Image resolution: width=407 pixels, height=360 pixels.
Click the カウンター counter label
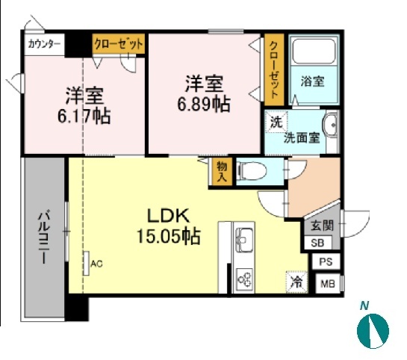[44, 44]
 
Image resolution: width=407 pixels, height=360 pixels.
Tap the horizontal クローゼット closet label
[119, 43]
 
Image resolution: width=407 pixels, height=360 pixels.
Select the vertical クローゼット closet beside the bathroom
[274, 69]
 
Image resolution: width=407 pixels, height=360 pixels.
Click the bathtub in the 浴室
[314, 51]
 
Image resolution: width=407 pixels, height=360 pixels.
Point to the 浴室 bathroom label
[312, 81]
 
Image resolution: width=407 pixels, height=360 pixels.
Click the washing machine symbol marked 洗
[276, 122]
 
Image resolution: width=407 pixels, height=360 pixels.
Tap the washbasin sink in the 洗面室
[331, 125]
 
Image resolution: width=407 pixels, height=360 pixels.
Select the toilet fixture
[252, 171]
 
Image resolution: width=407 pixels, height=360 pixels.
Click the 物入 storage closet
[222, 172]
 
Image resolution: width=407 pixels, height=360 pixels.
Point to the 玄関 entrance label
[322, 226]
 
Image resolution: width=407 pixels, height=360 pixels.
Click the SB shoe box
[317, 243]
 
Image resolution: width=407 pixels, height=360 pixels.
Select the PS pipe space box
[326, 261]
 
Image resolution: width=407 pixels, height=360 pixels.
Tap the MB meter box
[328, 284]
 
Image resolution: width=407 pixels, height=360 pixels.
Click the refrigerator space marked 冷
[296, 282]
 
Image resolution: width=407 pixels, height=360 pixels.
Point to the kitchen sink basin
[244, 240]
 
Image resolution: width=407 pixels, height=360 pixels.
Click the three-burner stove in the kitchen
[245, 279]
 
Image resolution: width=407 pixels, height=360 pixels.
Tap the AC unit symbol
[87, 263]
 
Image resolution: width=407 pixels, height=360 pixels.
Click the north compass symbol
[373, 331]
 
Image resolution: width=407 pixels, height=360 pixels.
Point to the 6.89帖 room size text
[204, 105]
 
